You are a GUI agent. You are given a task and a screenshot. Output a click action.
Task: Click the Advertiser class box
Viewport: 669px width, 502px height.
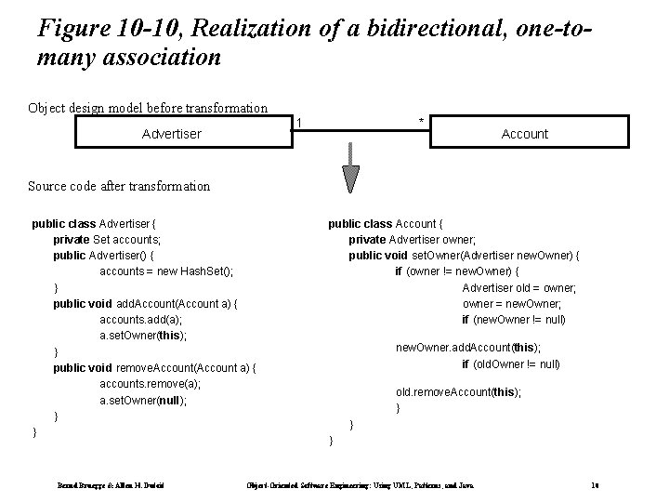coord(171,134)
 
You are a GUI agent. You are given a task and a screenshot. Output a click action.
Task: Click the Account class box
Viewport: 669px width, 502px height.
coord(524,134)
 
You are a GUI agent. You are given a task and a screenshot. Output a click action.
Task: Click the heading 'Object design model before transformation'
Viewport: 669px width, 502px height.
coord(148,108)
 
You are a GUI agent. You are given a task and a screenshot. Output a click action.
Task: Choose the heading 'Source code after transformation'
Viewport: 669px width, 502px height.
coord(119,186)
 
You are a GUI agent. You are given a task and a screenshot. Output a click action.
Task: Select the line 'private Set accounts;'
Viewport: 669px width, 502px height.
coord(106,239)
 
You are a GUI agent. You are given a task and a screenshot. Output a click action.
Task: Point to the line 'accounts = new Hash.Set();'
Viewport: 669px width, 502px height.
coord(166,271)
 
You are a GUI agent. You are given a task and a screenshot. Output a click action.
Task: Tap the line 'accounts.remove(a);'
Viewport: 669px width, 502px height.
coord(150,384)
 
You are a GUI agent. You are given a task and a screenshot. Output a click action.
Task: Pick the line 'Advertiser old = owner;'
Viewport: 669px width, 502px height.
coord(519,287)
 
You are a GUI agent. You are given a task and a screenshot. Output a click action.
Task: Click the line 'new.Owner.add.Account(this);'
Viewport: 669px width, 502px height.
coord(467,348)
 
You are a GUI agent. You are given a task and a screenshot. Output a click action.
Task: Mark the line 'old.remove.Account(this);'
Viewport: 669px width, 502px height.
coord(458,392)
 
